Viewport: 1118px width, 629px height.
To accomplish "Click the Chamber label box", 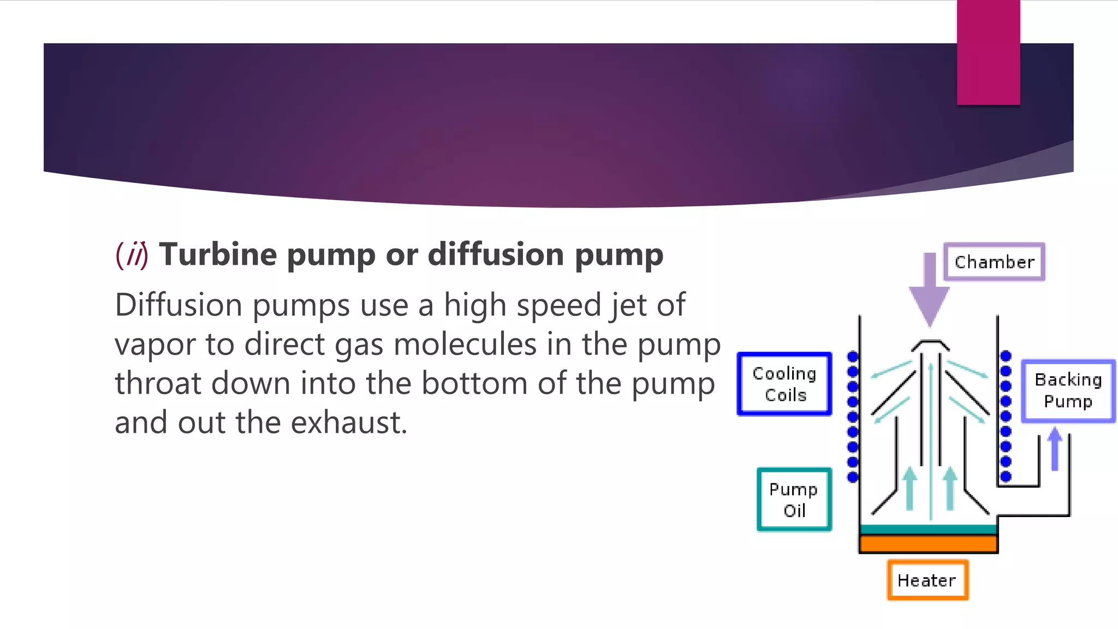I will tap(994, 262).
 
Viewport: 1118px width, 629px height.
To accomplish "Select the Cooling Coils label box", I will tap(784, 384).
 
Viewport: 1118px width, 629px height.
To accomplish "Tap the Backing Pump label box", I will tap(1068, 390).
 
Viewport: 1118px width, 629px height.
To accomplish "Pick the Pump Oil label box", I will tap(794, 500).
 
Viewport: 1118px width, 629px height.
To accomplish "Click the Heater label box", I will tap(927, 580).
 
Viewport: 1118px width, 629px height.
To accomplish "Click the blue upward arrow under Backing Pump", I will tap(1055, 449).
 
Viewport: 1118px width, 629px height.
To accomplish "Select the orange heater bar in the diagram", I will tap(928, 544).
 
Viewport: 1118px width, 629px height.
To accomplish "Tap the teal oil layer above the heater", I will tap(928, 529).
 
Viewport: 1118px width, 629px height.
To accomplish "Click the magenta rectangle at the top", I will tap(988, 52).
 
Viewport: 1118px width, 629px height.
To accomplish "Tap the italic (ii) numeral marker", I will tap(132, 256).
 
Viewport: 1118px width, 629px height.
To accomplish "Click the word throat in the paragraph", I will tap(158, 383).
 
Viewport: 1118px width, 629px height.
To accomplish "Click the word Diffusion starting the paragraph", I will tap(179, 305).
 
